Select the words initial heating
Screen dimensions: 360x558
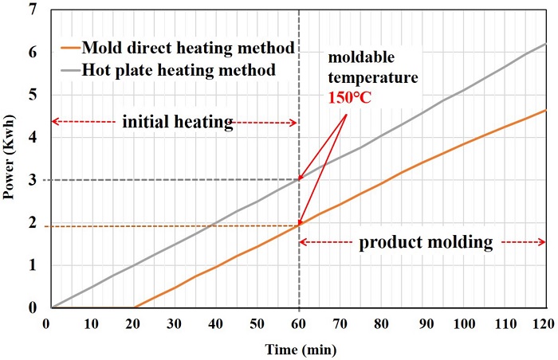177,123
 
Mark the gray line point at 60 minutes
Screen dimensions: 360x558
299,179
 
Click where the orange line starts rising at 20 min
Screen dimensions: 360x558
134,307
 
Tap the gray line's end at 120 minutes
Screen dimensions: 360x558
546,43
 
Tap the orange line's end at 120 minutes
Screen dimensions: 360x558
546,110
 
